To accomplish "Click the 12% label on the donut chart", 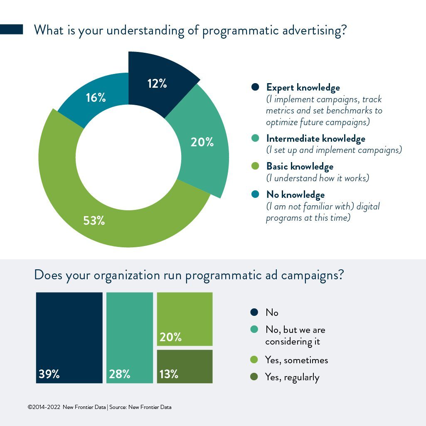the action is click(x=157, y=84).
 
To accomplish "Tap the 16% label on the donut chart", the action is click(x=96, y=98).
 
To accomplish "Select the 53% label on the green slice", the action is click(x=94, y=221).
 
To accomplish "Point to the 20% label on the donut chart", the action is click(x=202, y=142).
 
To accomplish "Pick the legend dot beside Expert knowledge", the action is click(x=255, y=87).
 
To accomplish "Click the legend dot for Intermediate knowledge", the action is click(x=255, y=138).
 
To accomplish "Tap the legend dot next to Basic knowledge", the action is click(x=255, y=166).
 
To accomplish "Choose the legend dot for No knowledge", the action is click(x=255, y=194).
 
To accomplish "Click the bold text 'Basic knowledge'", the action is click(x=300, y=167).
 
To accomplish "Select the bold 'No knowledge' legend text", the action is click(x=295, y=195).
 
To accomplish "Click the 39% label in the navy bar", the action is click(x=49, y=374).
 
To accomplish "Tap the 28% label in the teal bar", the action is click(x=120, y=374).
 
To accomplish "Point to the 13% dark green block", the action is click(x=185, y=367).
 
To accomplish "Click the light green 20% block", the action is click(x=185, y=319).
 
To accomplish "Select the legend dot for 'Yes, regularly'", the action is click(x=254, y=377).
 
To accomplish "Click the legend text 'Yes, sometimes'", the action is click(x=297, y=360).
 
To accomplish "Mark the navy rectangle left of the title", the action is click(x=11, y=30).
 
